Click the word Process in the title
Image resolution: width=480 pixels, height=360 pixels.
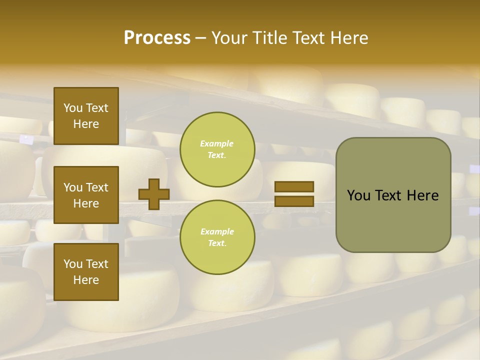coord(157,38)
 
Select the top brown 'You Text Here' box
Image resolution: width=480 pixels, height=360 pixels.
coord(86,116)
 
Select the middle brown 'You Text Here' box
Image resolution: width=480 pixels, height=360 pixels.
coord(86,195)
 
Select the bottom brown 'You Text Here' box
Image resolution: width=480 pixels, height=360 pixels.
coord(86,272)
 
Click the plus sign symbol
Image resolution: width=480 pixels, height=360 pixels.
coord(154,194)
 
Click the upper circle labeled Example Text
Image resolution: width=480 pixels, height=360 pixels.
coord(217,149)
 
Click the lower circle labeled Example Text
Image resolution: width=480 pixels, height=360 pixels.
coord(217,237)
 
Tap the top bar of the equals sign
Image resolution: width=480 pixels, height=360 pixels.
coord(294,187)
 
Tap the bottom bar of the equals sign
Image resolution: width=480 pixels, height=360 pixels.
coord(294,201)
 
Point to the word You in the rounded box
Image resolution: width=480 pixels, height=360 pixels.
coord(358,195)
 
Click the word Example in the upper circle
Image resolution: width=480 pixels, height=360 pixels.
coord(217,143)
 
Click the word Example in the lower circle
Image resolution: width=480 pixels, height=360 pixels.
coord(217,231)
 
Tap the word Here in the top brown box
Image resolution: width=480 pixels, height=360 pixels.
coord(86,124)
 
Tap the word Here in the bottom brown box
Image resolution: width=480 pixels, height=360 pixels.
coord(86,280)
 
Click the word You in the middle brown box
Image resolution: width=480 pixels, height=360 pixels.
coord(73,187)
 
